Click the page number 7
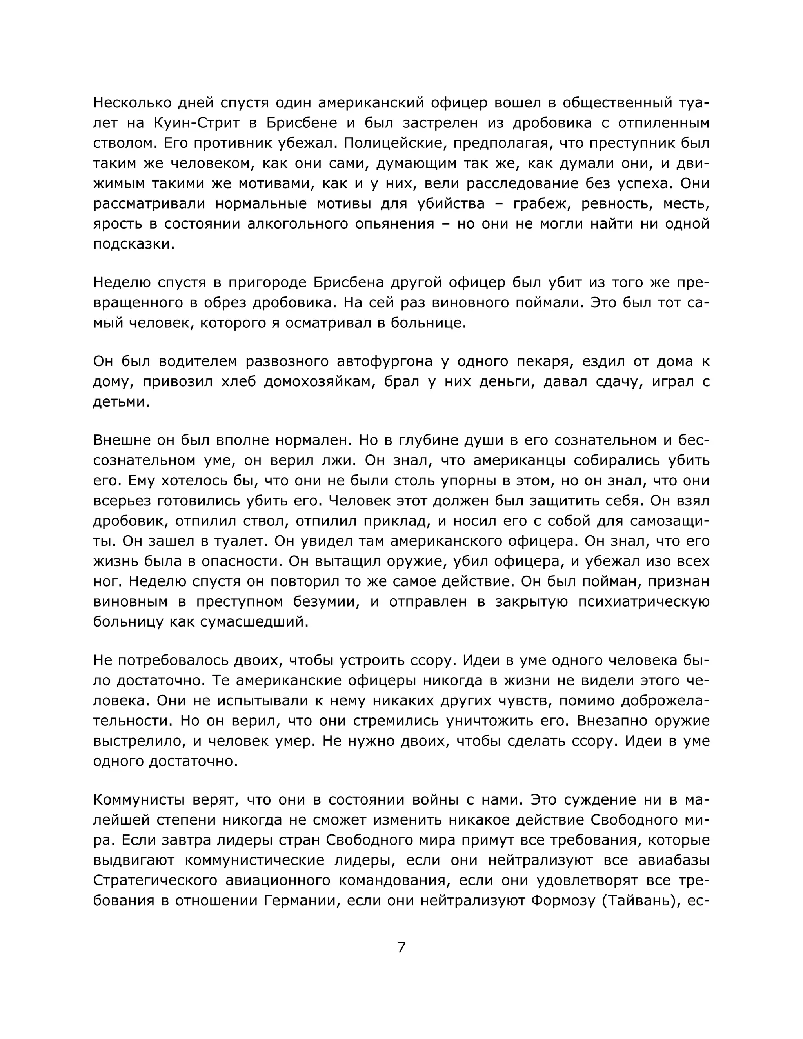(401, 947)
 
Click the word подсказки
(133, 244)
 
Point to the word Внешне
(121, 440)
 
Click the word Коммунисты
(138, 800)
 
